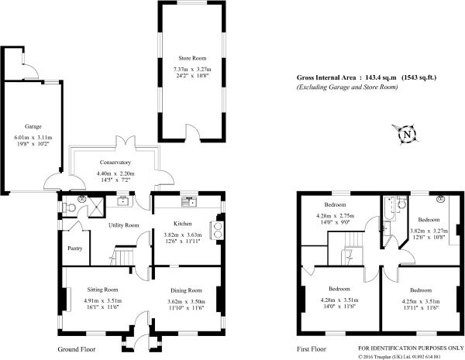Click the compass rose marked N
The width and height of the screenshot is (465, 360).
click(407, 135)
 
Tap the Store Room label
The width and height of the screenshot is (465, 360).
click(192, 58)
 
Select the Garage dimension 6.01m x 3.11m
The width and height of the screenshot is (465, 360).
click(33, 138)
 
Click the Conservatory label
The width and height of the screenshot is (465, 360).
click(115, 163)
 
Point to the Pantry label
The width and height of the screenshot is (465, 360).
click(74, 249)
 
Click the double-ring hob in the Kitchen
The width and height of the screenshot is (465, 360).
click(217, 230)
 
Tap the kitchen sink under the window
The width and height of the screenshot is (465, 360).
click(189, 201)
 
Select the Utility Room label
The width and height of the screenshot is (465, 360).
click(124, 225)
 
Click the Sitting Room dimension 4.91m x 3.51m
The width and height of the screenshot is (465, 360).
click(103, 300)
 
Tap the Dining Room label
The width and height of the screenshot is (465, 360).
click(186, 290)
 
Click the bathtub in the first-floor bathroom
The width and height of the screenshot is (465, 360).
click(389, 208)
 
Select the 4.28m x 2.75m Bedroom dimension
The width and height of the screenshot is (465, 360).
click(335, 216)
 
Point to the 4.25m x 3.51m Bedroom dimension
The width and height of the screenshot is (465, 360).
click(421, 301)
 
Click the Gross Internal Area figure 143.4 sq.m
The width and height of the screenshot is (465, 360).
click(381, 77)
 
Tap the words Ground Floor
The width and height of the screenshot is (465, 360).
click(77, 349)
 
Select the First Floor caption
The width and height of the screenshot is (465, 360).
click(312, 349)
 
